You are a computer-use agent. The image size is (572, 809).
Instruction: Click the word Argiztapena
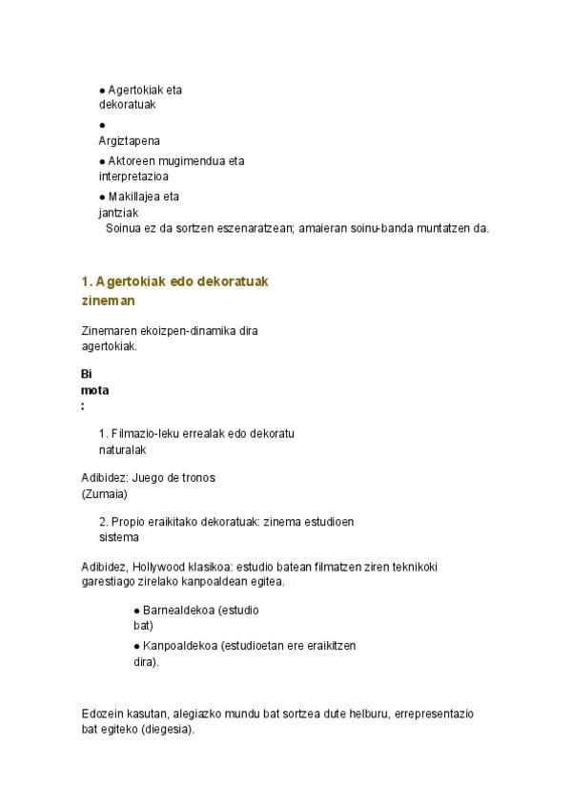click(130, 140)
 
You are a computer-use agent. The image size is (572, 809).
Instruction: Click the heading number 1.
click(86, 281)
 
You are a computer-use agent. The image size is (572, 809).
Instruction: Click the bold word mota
click(94, 389)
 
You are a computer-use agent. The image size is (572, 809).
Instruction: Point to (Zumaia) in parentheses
click(104, 493)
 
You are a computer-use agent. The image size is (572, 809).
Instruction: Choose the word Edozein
click(103, 714)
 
